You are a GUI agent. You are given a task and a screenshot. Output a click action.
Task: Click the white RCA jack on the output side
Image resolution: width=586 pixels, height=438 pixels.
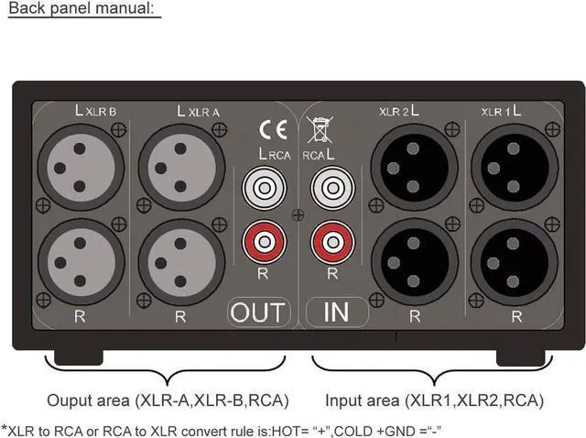tap(262, 190)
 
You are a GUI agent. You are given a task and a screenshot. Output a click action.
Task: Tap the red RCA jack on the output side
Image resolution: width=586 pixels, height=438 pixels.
tap(262, 243)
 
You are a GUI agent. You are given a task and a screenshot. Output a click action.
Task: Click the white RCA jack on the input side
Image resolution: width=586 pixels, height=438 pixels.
tap(330, 190)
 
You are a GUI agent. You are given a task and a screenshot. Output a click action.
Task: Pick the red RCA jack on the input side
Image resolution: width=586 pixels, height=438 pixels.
tap(330, 243)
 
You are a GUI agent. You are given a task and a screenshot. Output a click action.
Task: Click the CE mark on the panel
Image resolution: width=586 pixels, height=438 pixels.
tap(272, 128)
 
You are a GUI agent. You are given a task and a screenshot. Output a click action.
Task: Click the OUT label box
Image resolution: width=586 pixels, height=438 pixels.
tap(258, 312)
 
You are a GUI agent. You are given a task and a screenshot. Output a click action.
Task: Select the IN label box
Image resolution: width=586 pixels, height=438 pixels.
tap(336, 312)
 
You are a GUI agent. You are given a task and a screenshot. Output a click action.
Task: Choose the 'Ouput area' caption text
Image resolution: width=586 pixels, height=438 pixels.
tap(168, 400)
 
